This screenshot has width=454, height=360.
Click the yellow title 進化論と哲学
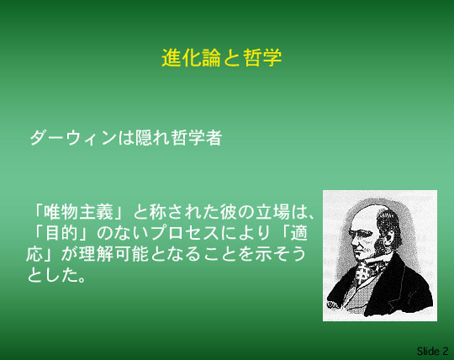click(221, 58)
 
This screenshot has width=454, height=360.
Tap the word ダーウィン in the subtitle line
click(73, 138)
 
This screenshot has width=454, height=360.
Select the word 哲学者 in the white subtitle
click(196, 138)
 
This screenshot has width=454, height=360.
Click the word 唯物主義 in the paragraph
click(79, 212)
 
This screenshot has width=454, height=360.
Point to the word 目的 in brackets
click(61, 232)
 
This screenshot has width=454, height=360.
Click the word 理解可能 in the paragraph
click(113, 254)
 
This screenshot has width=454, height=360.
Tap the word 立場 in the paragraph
click(272, 212)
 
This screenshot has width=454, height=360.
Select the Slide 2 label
click(432, 351)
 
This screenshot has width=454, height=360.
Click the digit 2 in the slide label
click(446, 352)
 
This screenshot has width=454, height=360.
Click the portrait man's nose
click(353, 243)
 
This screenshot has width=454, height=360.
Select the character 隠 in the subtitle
click(144, 138)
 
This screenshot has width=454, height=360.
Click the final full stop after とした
click(82, 279)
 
